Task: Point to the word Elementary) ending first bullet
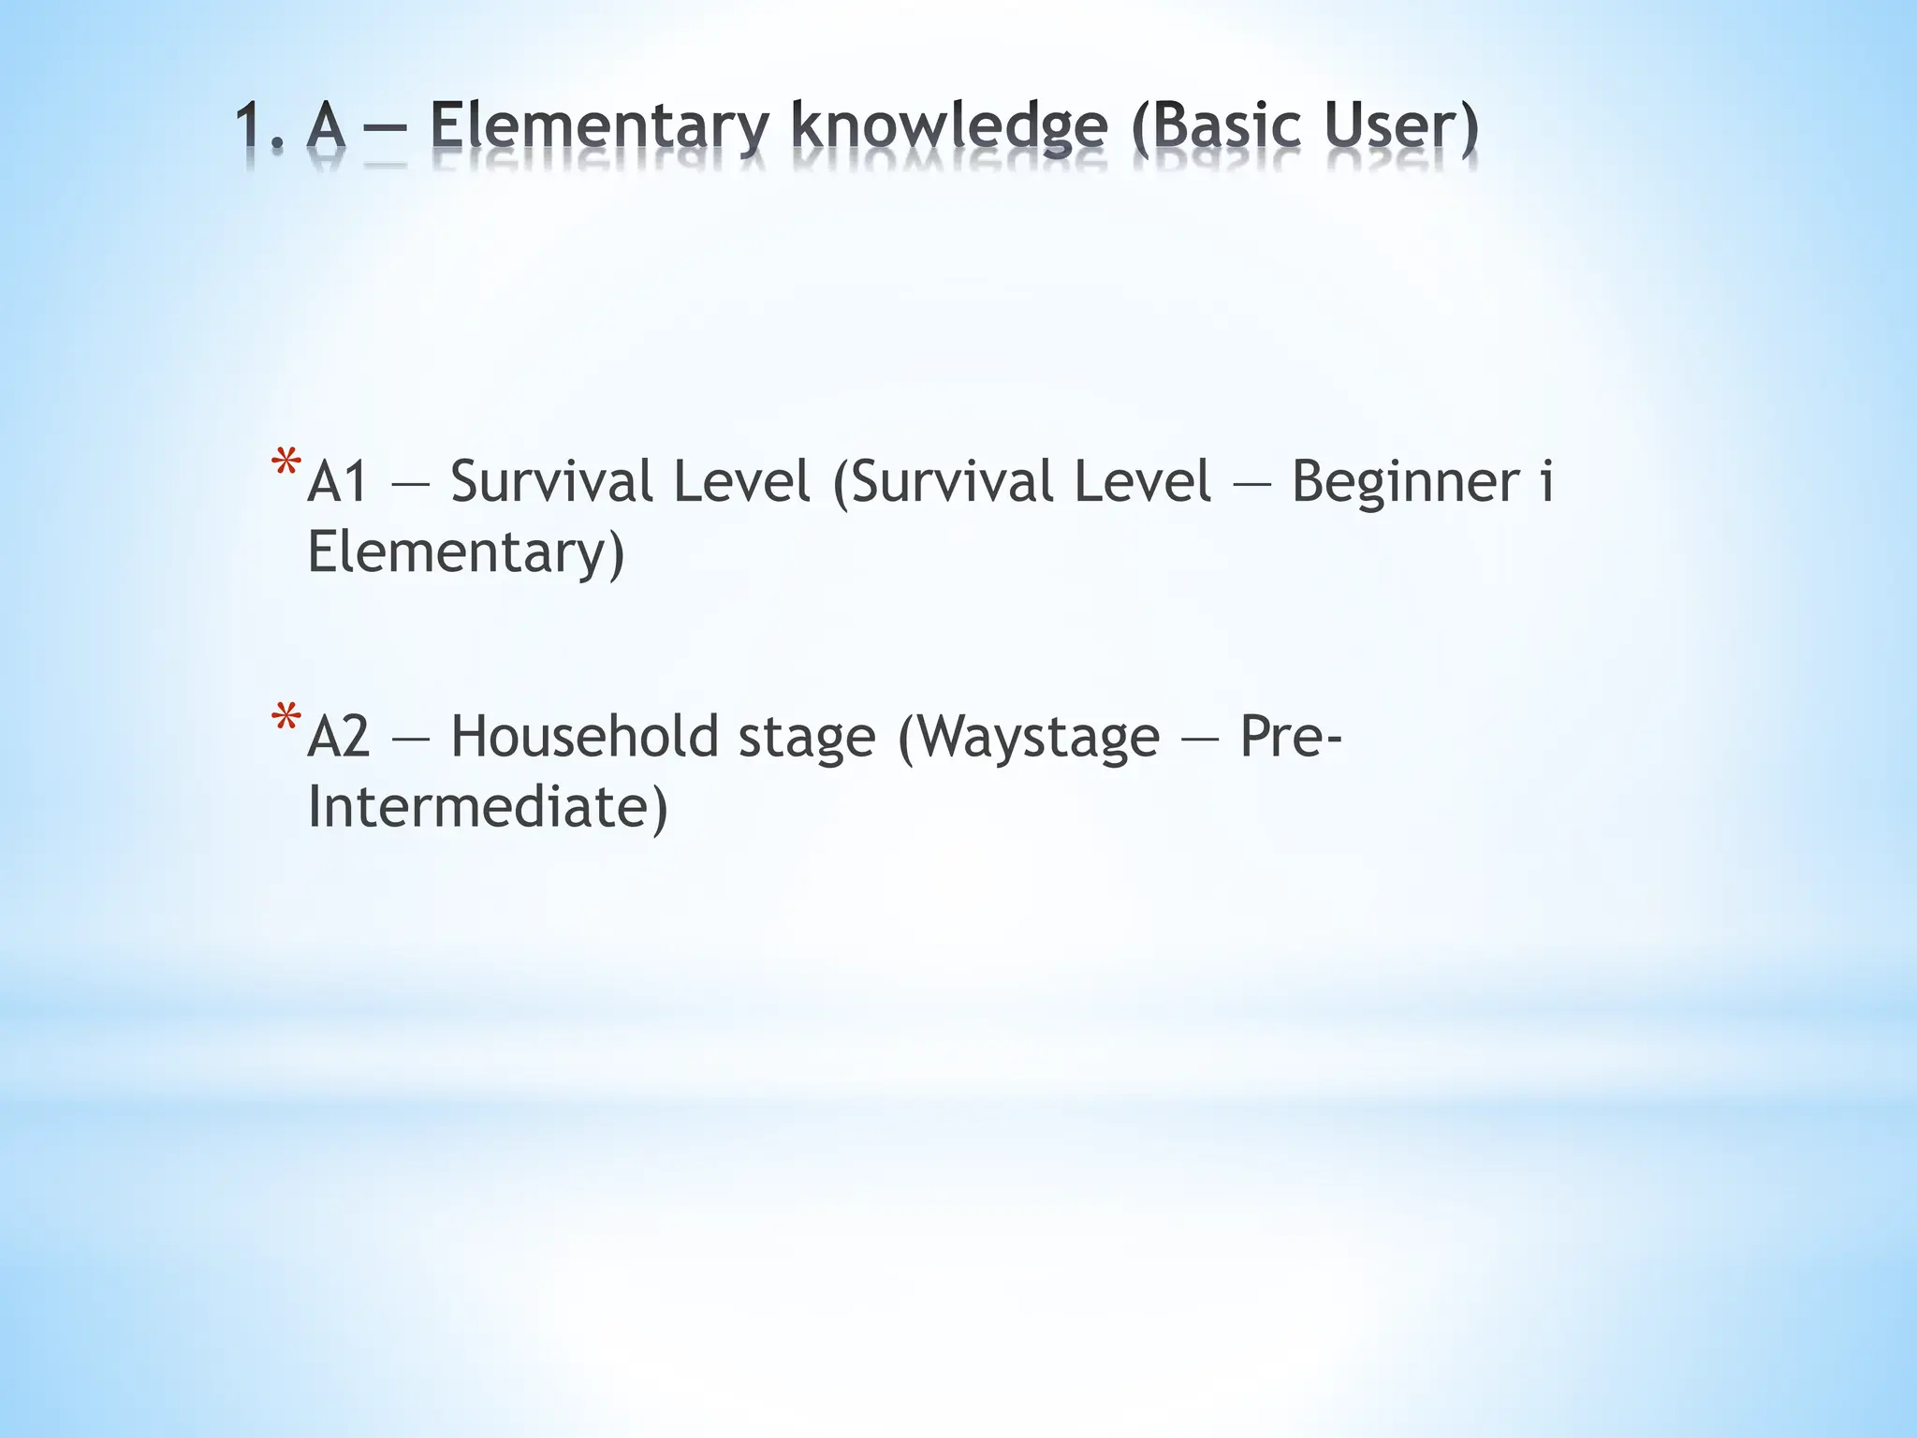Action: [465, 553]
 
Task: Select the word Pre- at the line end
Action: [1291, 738]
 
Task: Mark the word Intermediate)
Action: [488, 808]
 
